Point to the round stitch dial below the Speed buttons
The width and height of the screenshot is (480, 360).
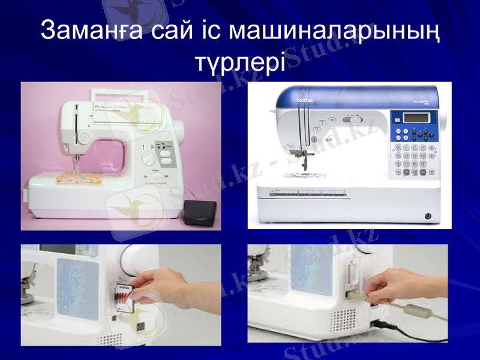[x=147, y=159]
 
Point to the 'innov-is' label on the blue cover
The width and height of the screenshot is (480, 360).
[x=419, y=103]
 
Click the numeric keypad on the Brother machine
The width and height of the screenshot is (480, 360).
[x=414, y=157]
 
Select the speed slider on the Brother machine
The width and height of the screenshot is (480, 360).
[x=352, y=119]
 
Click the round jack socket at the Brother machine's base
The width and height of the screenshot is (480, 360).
[x=428, y=215]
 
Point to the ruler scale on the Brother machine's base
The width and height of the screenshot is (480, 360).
[x=312, y=193]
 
